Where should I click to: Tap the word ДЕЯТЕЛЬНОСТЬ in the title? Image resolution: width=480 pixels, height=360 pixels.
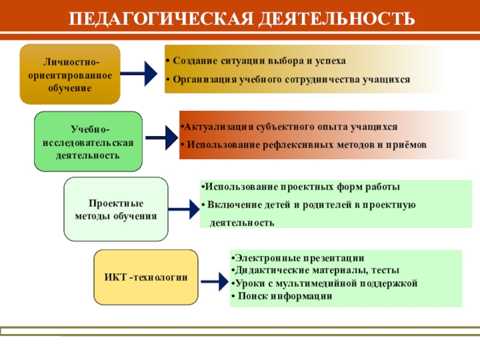click(x=337, y=18)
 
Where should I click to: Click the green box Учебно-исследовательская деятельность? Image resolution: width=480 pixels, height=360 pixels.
click(x=88, y=142)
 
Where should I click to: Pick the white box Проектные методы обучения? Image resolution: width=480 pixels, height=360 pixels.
click(x=116, y=209)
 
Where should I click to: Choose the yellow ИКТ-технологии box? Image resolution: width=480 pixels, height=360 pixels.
click(x=146, y=277)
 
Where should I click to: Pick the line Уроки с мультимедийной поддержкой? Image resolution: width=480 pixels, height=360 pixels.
click(x=324, y=283)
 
